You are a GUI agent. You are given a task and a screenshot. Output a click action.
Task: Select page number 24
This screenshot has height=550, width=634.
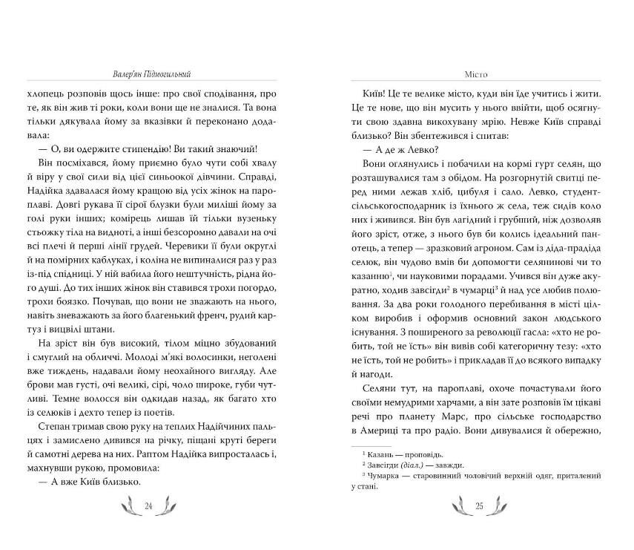point(148,506)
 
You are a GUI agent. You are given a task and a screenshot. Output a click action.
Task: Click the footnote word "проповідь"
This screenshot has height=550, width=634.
point(415,453)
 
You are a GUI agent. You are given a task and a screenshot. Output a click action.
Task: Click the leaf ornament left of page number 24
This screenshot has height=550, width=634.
point(128,506)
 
